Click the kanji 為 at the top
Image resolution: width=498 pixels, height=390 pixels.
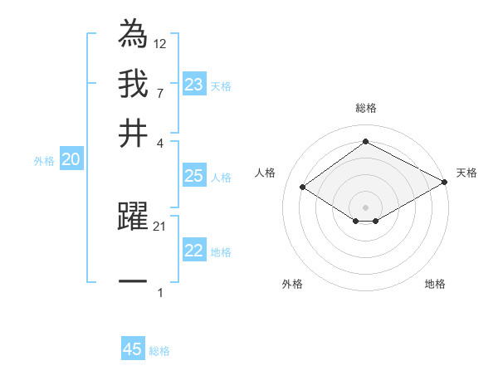click(x=133, y=34)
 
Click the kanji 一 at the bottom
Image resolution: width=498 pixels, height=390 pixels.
click(x=133, y=282)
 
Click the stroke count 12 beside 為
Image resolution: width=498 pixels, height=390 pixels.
click(x=160, y=43)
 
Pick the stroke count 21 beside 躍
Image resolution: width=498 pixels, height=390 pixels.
click(x=160, y=226)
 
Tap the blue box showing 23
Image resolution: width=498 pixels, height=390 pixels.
click(x=193, y=85)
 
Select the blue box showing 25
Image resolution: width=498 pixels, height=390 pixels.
click(x=193, y=176)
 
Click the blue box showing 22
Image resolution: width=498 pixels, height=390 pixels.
click(x=193, y=251)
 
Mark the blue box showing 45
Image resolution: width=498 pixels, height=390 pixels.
click(x=133, y=349)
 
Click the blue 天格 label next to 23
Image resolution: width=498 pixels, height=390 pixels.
click(x=221, y=85)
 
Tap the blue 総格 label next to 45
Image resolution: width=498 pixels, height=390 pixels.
click(x=159, y=351)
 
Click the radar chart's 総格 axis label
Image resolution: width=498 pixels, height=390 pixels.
click(x=365, y=108)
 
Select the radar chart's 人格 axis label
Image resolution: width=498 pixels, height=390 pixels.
click(x=266, y=173)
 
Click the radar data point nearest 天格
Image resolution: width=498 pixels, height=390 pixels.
click(x=445, y=183)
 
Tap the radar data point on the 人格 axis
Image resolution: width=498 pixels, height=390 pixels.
click(x=303, y=188)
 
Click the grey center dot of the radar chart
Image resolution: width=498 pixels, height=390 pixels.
click(x=365, y=207)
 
